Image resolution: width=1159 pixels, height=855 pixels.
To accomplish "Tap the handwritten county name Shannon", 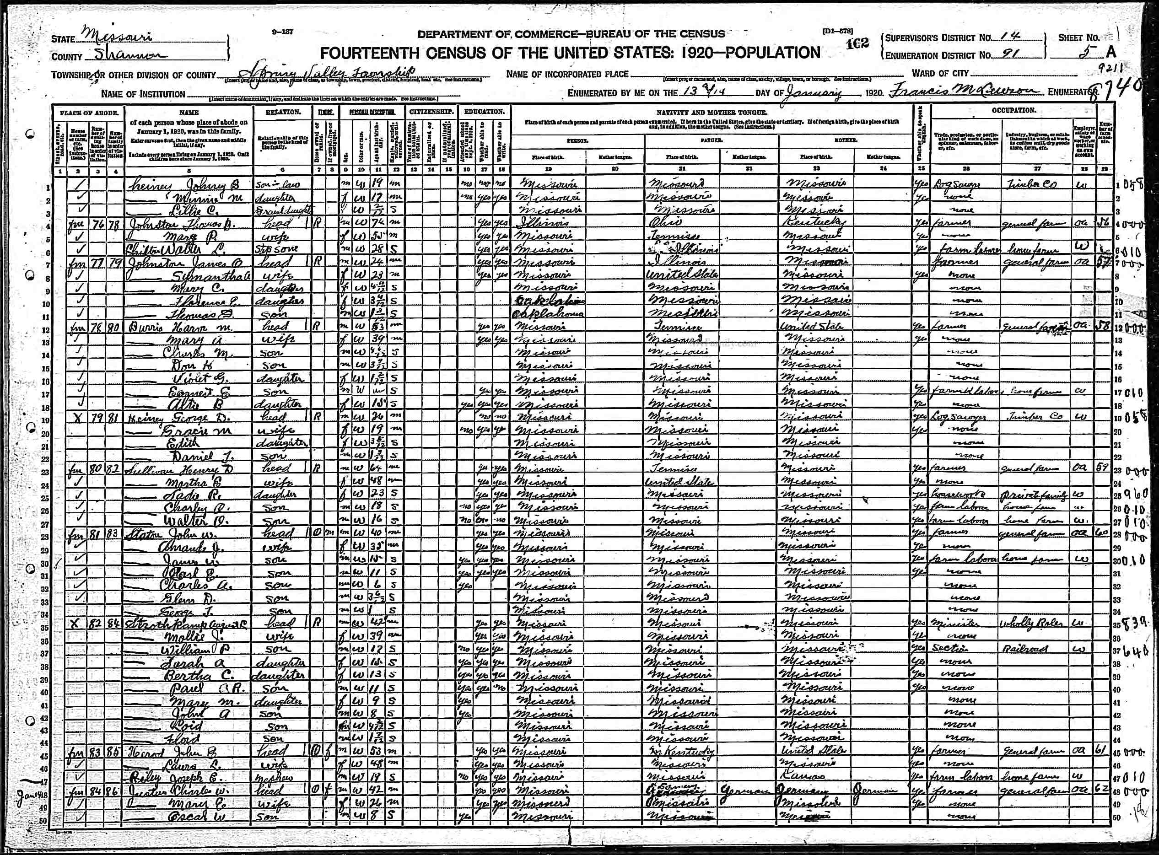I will [132, 56].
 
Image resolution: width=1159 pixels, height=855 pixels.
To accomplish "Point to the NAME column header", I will [189, 113].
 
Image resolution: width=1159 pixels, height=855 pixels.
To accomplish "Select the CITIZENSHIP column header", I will [431, 112].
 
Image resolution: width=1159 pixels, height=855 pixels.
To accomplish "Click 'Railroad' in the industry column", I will [1025, 649].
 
